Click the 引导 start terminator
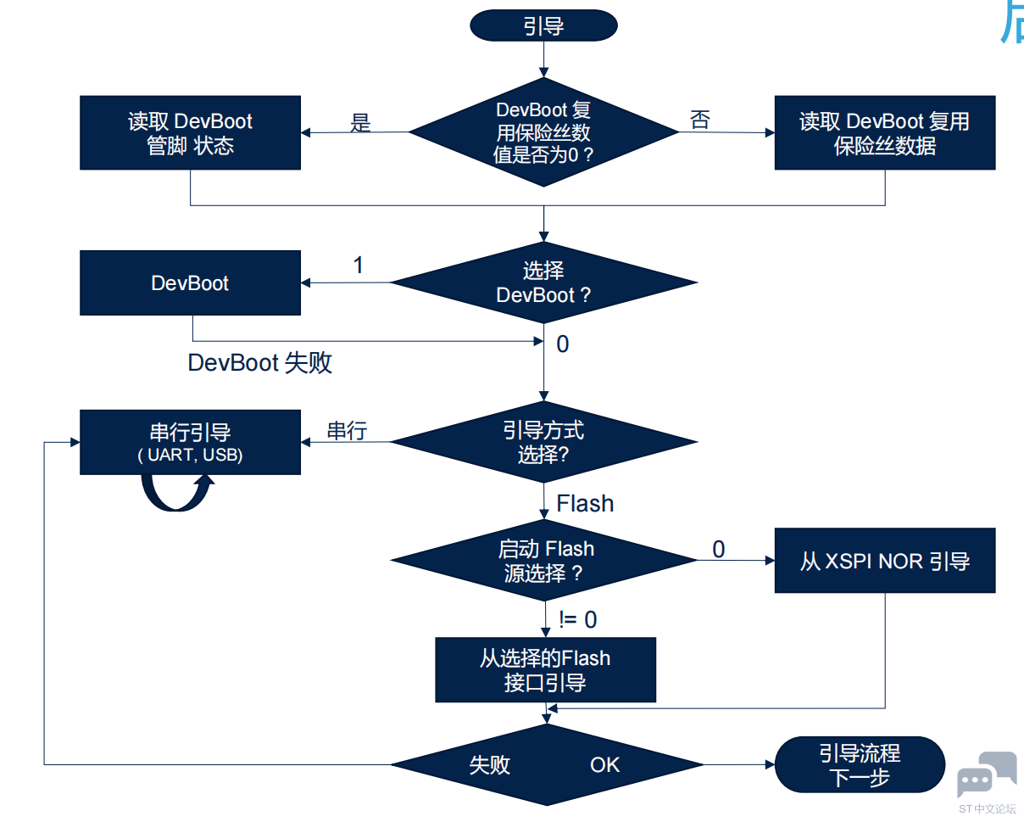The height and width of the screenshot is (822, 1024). [x=543, y=25]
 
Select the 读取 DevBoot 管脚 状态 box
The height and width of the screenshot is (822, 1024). [x=190, y=133]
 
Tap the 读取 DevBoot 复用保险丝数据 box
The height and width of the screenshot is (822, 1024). [x=884, y=133]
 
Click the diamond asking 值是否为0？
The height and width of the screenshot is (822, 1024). [x=543, y=132]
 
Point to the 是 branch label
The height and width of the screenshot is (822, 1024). [x=361, y=123]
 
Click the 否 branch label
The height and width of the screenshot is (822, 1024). [x=700, y=120]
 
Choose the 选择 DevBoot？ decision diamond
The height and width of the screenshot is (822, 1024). [x=543, y=282]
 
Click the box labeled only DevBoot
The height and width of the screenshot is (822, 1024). [x=190, y=282]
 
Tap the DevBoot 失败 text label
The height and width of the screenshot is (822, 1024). [x=259, y=363]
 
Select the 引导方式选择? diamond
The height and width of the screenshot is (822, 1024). [x=543, y=442]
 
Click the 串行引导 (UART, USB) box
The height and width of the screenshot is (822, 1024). [x=190, y=442]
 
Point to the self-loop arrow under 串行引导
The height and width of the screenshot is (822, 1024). [x=176, y=495]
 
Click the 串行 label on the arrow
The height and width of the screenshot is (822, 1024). [x=347, y=431]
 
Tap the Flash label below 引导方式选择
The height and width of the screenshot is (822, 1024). [x=585, y=504]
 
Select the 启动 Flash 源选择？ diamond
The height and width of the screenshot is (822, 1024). [x=543, y=561]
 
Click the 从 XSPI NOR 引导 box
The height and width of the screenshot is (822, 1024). [x=884, y=561]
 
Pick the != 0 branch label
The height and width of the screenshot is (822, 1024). [x=578, y=620]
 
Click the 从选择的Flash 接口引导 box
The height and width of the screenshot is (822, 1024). [x=545, y=670]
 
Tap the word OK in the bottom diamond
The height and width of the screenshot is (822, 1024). [x=605, y=765]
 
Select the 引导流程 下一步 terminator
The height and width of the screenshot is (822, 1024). [x=860, y=765]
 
